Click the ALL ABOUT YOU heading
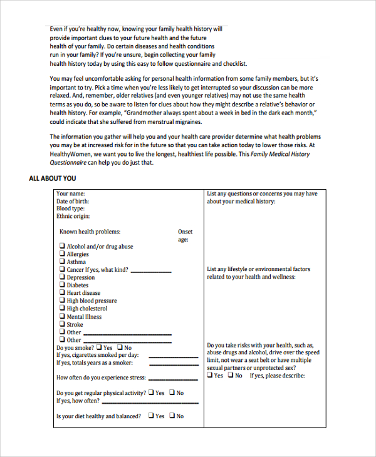tap(52, 178)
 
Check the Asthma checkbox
tap(62, 262)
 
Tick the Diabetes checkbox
tap(62, 285)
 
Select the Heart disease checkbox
tap(62, 293)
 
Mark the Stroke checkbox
tap(62, 324)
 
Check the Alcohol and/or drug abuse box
tap(62, 247)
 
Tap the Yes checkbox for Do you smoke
tap(99, 347)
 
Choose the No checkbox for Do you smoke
tap(120, 347)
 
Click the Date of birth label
tap(73, 202)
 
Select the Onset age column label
tap(185, 235)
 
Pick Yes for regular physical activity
tap(151, 393)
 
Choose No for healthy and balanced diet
tap(172, 416)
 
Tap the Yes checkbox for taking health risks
tap(210, 376)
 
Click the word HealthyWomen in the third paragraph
tap(69, 154)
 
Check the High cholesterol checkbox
tap(62, 309)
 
